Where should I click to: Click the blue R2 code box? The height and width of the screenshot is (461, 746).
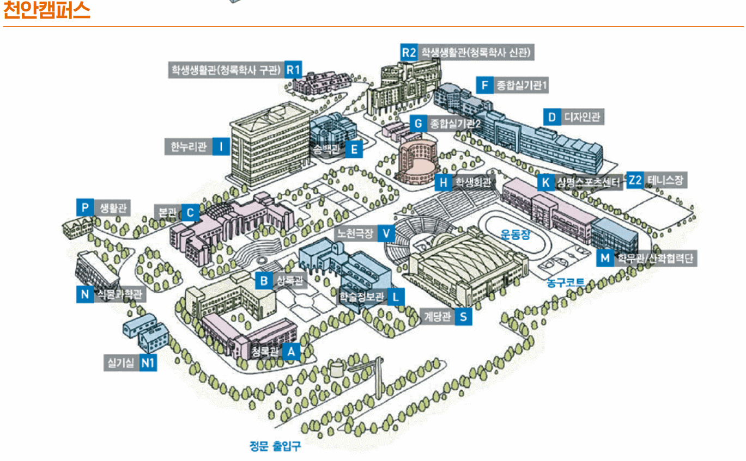pyautogui.click(x=409, y=52)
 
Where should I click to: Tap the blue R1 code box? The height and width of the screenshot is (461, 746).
pyautogui.click(x=294, y=70)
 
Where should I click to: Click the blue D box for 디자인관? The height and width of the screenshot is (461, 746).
pyautogui.click(x=551, y=117)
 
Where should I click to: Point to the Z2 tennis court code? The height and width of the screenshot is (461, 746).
pyautogui.click(x=635, y=180)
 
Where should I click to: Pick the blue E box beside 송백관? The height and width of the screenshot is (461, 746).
pyautogui.click(x=354, y=149)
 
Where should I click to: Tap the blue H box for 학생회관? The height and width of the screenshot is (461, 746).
pyautogui.click(x=444, y=182)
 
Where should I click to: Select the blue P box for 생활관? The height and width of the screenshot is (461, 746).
pyautogui.click(x=84, y=207)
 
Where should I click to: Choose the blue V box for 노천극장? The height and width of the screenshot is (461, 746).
pyautogui.click(x=386, y=233)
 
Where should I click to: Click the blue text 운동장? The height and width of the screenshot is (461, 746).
pyautogui.click(x=515, y=235)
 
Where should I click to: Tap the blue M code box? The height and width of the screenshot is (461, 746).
pyautogui.click(x=604, y=258)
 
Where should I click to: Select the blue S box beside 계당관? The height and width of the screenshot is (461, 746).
pyautogui.click(x=463, y=317)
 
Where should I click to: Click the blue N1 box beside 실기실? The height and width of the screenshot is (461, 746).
pyautogui.click(x=148, y=362)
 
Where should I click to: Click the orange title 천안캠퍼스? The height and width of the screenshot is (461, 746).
pyautogui.click(x=46, y=11)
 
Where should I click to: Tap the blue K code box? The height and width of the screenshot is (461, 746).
pyautogui.click(x=545, y=182)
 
